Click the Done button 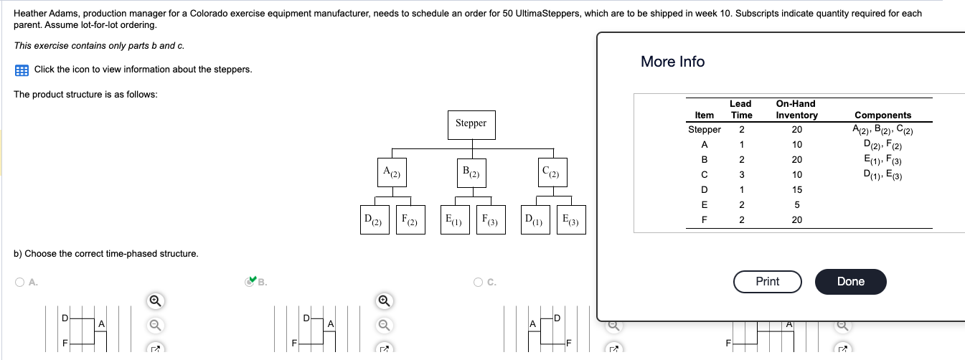click(850, 281)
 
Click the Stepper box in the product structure click(471, 123)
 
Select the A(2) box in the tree click(392, 172)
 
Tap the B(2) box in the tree click(471, 172)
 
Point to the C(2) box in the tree click(551, 172)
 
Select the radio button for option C click(479, 283)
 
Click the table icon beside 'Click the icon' click(22, 70)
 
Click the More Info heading click(672, 62)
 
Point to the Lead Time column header click(740, 110)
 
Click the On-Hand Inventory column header click(796, 110)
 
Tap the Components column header click(882, 115)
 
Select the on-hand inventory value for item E click(796, 205)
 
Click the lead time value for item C click(741, 175)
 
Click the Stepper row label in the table click(704, 130)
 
